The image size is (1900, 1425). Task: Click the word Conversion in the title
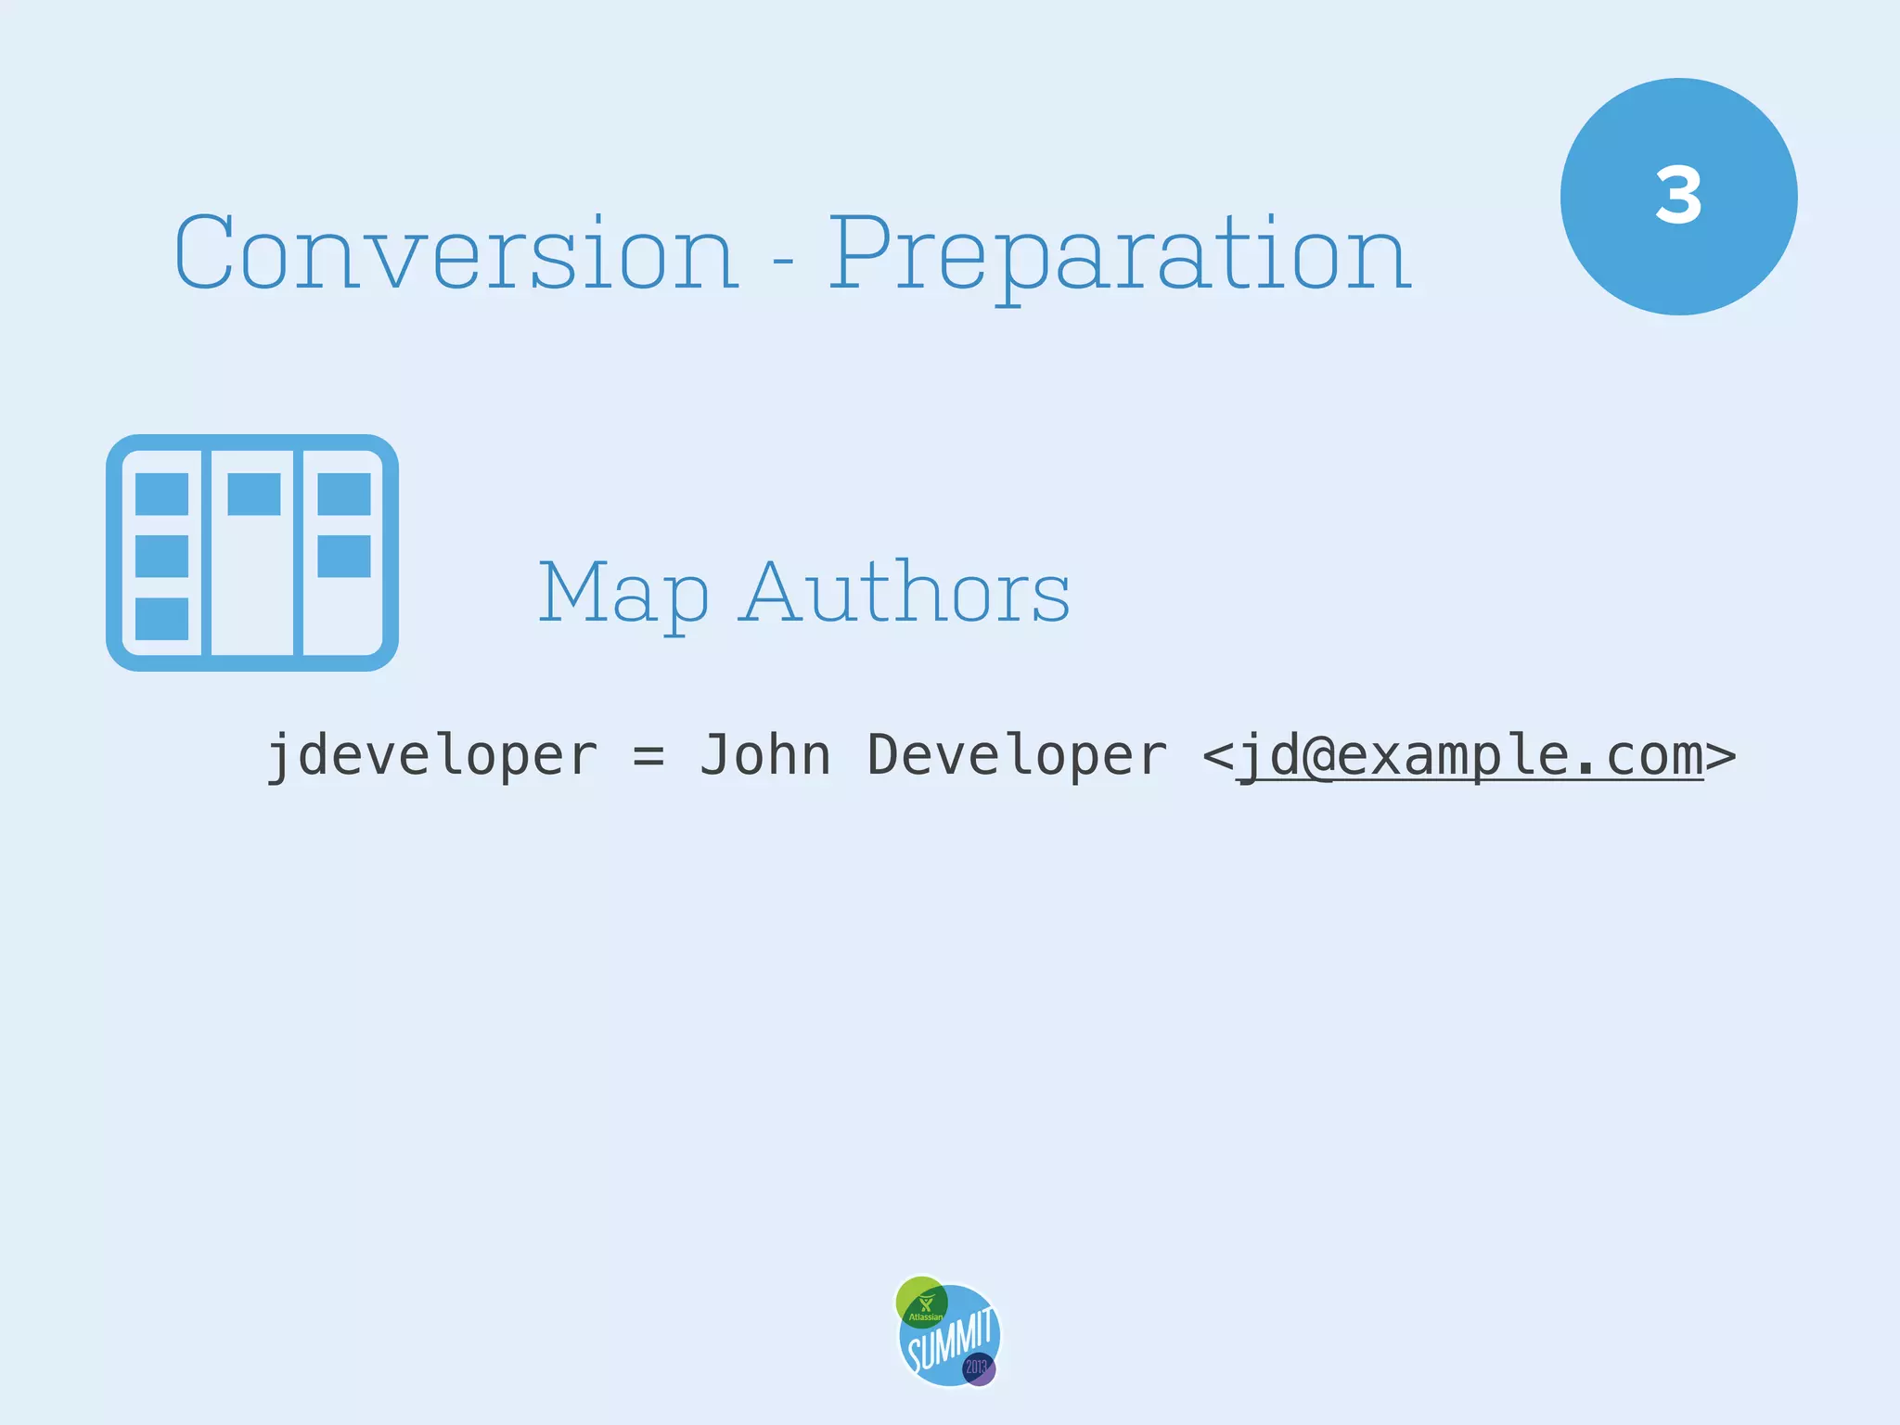point(456,252)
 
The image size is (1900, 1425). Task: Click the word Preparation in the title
point(1119,254)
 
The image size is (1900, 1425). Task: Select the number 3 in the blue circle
point(1678,197)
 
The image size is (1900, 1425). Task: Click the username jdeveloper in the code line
point(432,755)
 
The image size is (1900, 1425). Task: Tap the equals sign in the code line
point(648,755)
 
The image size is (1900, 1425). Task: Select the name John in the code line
point(764,755)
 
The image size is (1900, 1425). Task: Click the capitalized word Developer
point(1017,755)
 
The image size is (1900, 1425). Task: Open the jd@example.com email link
point(1470,755)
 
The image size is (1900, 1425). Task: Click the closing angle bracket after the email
point(1721,755)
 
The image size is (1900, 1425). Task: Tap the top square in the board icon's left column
point(162,494)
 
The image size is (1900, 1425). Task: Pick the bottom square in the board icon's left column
point(162,619)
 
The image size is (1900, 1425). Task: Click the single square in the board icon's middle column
point(253,494)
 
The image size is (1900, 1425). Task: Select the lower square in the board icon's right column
point(344,556)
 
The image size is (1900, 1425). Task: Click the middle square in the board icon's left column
point(162,556)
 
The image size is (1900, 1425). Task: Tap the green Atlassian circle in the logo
point(920,1301)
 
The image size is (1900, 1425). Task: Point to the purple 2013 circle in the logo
point(978,1368)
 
